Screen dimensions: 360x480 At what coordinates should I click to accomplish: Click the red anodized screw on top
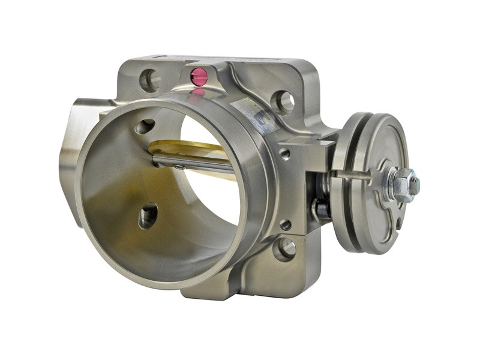point(199,76)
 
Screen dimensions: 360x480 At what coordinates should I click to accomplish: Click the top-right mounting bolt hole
point(282,102)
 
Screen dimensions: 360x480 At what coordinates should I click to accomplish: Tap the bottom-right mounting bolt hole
point(284,247)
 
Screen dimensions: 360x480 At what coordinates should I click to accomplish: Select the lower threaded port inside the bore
point(148,216)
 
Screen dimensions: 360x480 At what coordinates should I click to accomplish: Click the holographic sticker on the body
point(259,114)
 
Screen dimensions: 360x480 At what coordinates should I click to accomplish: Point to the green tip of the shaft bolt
point(416,185)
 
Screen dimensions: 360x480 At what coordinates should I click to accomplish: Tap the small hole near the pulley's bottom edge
point(398,223)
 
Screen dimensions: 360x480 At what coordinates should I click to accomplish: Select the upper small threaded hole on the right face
point(285,154)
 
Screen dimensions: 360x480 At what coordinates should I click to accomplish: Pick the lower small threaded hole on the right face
point(286,224)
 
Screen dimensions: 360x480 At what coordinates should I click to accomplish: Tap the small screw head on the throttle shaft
point(178,166)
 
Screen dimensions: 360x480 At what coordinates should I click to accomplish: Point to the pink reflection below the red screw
point(198,92)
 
